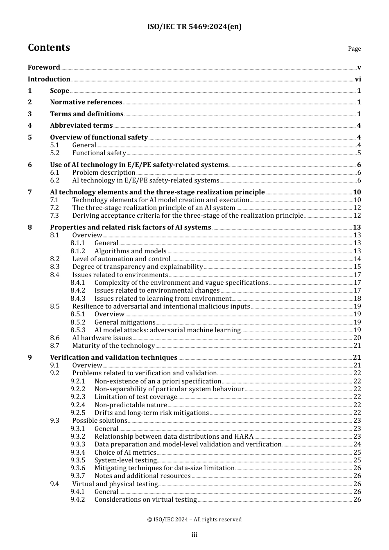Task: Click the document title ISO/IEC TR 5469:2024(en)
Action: point(194,27)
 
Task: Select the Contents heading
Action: point(49,47)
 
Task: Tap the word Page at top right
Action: point(354,49)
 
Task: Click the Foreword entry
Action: point(44,68)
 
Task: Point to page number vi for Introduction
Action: point(358,79)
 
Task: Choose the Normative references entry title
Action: point(86,102)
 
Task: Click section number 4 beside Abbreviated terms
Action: point(29,126)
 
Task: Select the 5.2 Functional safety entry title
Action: point(99,153)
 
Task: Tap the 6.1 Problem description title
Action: point(104,173)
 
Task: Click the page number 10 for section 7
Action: point(357,192)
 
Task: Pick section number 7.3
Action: point(54,216)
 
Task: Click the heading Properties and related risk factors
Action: point(130,228)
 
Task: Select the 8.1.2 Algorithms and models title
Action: point(130,251)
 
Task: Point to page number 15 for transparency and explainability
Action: point(357,267)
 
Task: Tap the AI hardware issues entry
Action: point(102,338)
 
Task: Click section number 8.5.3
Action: point(78,330)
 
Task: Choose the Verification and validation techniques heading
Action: point(113,358)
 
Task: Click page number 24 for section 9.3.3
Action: point(357,444)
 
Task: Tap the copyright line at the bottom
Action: point(194,520)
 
